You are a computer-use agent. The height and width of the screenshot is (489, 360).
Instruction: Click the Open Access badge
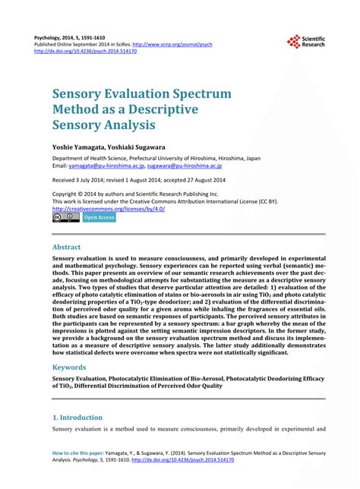coord(99,218)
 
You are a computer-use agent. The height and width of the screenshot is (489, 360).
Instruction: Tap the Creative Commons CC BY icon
coord(66,218)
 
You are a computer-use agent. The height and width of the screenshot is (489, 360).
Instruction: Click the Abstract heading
coord(66,248)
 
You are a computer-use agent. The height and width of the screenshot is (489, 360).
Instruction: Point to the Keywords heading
coord(69,366)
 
